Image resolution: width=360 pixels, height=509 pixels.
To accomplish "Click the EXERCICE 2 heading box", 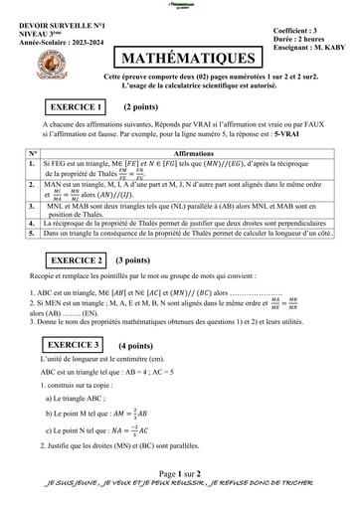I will tap(79, 260).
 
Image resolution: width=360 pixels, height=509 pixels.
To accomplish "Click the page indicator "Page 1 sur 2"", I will tap(180, 475).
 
